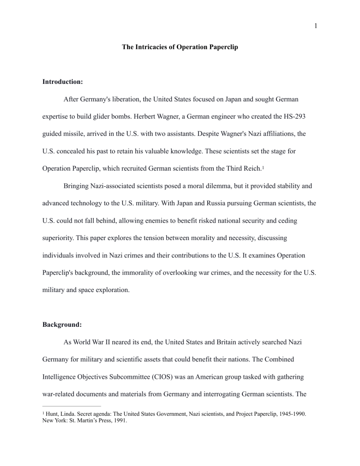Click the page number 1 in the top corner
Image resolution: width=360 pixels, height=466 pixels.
coord(316,26)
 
